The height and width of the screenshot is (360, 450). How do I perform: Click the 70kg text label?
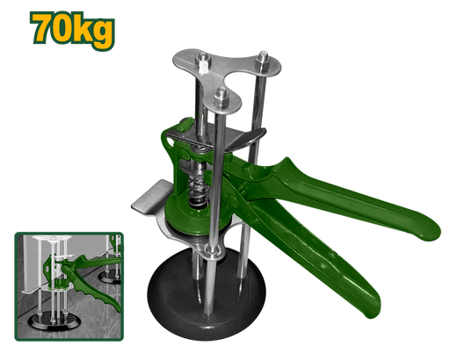click(72, 31)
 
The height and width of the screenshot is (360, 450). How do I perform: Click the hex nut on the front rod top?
click(221, 98)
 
